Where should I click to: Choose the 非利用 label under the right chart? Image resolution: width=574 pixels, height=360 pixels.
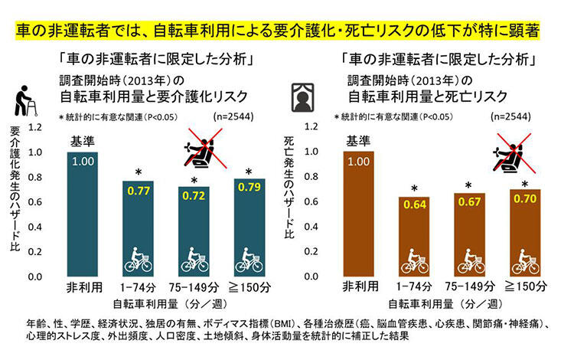tap(358, 288)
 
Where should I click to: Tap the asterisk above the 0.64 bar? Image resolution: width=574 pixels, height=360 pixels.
tap(413, 188)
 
